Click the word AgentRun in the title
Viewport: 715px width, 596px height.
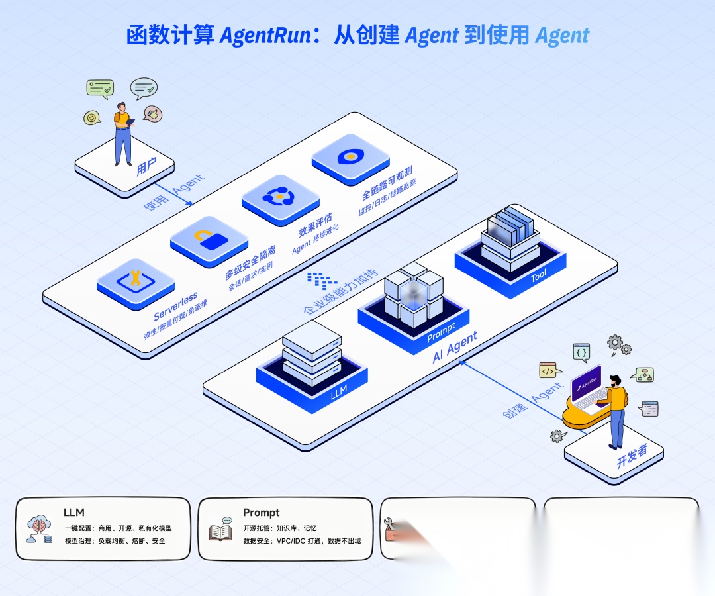coord(265,35)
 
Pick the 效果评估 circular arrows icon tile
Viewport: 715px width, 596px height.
coord(280,197)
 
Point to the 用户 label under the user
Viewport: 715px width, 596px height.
coord(146,168)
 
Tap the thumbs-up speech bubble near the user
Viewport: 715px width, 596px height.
coord(153,115)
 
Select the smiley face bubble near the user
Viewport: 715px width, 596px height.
coord(92,118)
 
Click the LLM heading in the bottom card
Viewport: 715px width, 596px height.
coord(73,512)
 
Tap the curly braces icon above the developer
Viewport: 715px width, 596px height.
coord(581,352)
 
